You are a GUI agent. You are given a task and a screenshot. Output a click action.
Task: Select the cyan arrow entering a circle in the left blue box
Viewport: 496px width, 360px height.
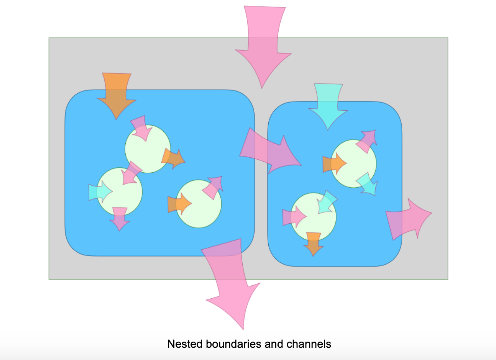100,191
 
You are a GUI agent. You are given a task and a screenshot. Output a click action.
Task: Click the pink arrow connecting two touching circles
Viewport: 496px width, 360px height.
131,173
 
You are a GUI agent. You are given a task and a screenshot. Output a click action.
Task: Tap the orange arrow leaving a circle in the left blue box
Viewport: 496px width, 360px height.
173,159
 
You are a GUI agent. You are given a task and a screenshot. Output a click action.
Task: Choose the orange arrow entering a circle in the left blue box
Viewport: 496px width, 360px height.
179,204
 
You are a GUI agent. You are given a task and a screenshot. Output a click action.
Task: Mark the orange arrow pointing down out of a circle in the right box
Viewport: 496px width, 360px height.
313,244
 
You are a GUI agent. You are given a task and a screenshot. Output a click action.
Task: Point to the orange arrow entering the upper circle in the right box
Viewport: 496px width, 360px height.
334,164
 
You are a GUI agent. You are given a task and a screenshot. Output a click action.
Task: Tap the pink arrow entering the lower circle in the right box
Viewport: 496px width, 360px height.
294,217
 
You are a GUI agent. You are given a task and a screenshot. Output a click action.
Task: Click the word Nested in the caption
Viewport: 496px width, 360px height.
185,344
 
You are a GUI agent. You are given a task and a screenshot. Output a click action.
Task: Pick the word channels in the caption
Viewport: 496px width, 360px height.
309,344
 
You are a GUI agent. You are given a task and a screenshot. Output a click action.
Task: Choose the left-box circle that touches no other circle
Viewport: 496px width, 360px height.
199,204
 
